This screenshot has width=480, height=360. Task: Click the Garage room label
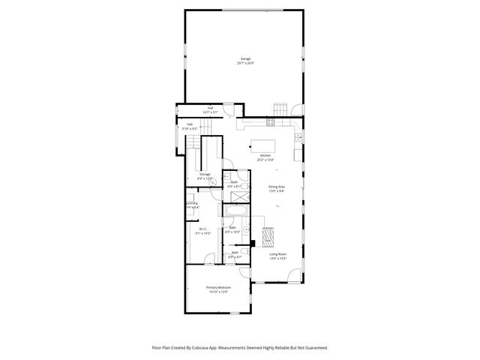coord(246,58)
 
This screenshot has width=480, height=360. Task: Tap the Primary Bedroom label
coord(218,287)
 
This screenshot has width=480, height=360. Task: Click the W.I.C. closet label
coord(203,229)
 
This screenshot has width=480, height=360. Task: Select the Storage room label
coord(205,174)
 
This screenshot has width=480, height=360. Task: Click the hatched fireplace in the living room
coord(270,236)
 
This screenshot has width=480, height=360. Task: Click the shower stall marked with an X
coord(240,194)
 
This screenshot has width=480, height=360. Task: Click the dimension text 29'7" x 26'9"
coord(246,63)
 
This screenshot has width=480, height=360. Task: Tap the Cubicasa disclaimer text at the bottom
coord(240,348)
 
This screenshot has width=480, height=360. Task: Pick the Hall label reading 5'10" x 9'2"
coord(190,127)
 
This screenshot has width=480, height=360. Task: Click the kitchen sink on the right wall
coord(298,136)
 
